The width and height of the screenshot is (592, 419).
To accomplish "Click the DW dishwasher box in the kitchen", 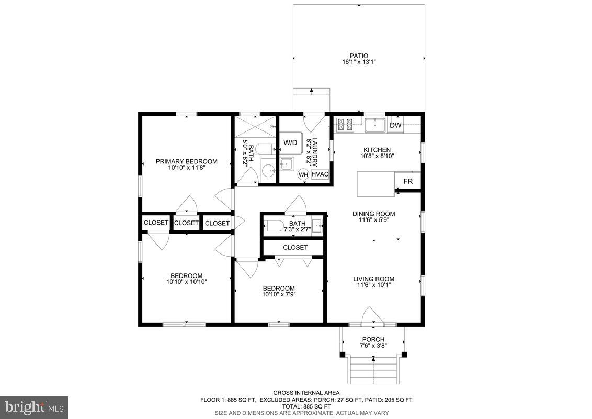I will click(x=395, y=125).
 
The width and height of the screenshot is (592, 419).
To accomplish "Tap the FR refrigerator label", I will click(x=408, y=182).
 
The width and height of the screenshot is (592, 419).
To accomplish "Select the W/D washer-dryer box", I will click(x=290, y=143).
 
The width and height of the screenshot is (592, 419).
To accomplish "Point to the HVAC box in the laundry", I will click(x=320, y=174).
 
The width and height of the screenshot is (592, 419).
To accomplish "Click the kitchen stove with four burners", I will click(x=345, y=125).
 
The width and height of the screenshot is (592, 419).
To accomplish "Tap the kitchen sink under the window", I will click(x=375, y=125).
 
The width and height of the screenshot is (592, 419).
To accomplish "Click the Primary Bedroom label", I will click(x=186, y=161).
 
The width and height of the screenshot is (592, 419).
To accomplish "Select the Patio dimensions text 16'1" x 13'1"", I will click(x=359, y=62).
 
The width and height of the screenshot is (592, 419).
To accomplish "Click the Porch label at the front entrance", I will click(x=373, y=339).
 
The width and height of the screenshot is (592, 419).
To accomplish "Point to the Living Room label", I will click(x=373, y=279).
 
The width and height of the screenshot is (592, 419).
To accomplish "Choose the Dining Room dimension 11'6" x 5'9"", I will click(x=373, y=220).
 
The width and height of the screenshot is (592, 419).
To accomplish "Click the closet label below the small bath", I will click(x=295, y=247).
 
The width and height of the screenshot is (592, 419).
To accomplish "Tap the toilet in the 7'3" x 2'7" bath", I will click(x=274, y=226).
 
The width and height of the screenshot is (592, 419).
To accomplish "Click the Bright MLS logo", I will click(x=34, y=407).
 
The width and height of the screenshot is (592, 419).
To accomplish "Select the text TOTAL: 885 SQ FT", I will click(x=306, y=406).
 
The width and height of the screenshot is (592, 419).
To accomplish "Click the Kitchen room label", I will click(x=377, y=150).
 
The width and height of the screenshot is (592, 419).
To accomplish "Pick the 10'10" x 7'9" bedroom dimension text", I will click(x=278, y=294).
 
